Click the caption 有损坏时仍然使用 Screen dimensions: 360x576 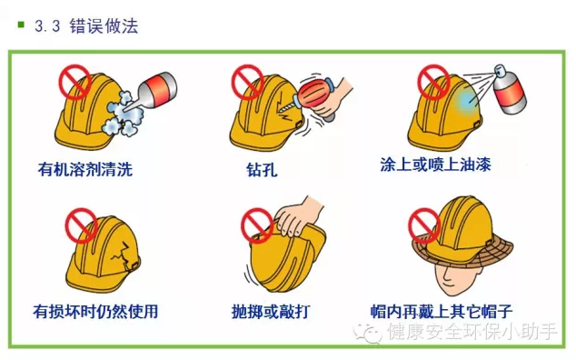[x=95, y=311]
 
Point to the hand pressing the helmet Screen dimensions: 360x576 [x=301, y=217]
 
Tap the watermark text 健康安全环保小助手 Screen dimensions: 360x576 [x=472, y=333]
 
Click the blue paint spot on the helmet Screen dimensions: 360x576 [x=466, y=98]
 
